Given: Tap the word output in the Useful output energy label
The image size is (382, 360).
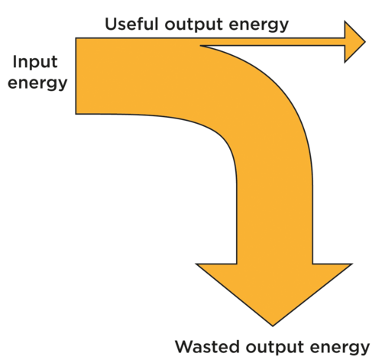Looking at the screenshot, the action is pyautogui.click(x=194, y=25).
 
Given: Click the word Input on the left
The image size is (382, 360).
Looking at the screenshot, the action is pyautogui.click(x=35, y=63).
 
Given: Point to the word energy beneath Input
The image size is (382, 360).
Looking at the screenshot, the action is pyautogui.click(x=37, y=84).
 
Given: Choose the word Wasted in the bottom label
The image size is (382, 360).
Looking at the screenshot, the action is pyautogui.click(x=207, y=347).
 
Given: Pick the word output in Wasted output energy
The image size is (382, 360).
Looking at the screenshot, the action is pyautogui.click(x=275, y=348).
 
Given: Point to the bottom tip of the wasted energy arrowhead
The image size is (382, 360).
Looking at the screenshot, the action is pyautogui.click(x=273, y=326).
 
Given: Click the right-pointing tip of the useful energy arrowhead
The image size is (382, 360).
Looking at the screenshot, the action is pyautogui.click(x=365, y=42).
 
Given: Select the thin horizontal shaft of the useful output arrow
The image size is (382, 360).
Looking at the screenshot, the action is pyautogui.click(x=273, y=42).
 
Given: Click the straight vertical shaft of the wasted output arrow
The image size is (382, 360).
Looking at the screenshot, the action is pyautogui.click(x=274, y=222).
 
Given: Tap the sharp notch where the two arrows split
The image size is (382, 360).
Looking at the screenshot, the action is pyautogui.click(x=200, y=46).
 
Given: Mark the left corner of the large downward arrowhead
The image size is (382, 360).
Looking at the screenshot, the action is pyautogui.click(x=196, y=264).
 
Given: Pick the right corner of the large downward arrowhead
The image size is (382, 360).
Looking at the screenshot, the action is pyautogui.click(x=352, y=264).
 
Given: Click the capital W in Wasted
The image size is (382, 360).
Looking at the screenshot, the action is pyautogui.click(x=185, y=347).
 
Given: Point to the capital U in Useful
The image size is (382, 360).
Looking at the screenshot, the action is pyautogui.click(x=111, y=24).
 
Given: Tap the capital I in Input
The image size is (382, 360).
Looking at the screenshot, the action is pyautogui.click(x=15, y=62).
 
